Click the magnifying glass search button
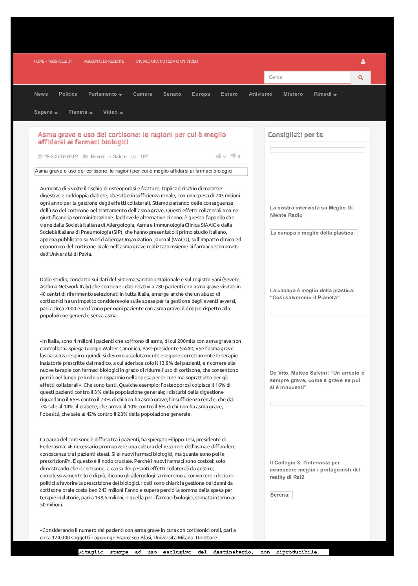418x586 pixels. [360, 78]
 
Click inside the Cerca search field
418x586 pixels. [307, 77]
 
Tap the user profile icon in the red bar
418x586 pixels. [363, 62]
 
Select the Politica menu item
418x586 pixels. [68, 94]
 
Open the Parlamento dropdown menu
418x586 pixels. [105, 94]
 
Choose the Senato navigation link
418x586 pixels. [172, 94]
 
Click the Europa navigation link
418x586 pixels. [201, 94]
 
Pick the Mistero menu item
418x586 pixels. [293, 94]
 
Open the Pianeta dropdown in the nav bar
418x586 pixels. [80, 112]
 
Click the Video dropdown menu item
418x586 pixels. [113, 112]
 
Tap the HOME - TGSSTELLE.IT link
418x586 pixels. [53, 62]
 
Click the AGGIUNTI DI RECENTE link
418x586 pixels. [104, 62]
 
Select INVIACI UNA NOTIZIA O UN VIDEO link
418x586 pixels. [167, 62]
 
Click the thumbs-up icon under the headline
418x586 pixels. [219, 156]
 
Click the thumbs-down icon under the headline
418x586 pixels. [233, 156]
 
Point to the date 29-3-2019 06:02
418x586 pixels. [61, 157]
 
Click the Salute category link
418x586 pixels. [120, 157]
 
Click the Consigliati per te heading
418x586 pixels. [295, 135]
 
